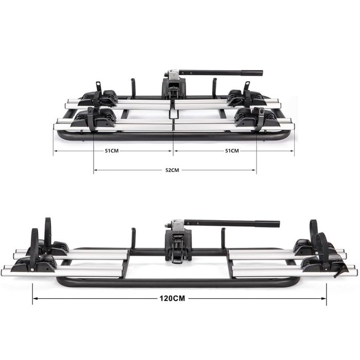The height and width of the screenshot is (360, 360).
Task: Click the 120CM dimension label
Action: [x=172, y=298]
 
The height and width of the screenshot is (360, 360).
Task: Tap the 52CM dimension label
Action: [x=172, y=170]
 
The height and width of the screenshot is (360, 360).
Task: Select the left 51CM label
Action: [x=112, y=151]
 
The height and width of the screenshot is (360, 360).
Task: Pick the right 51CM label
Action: [x=232, y=151]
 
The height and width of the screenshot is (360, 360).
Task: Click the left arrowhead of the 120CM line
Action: [x=35, y=298]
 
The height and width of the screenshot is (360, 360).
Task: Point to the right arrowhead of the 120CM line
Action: [x=323, y=298]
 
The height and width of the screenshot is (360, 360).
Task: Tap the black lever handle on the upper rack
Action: [x=221, y=73]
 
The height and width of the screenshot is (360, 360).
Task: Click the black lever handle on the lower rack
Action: [x=232, y=223]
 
